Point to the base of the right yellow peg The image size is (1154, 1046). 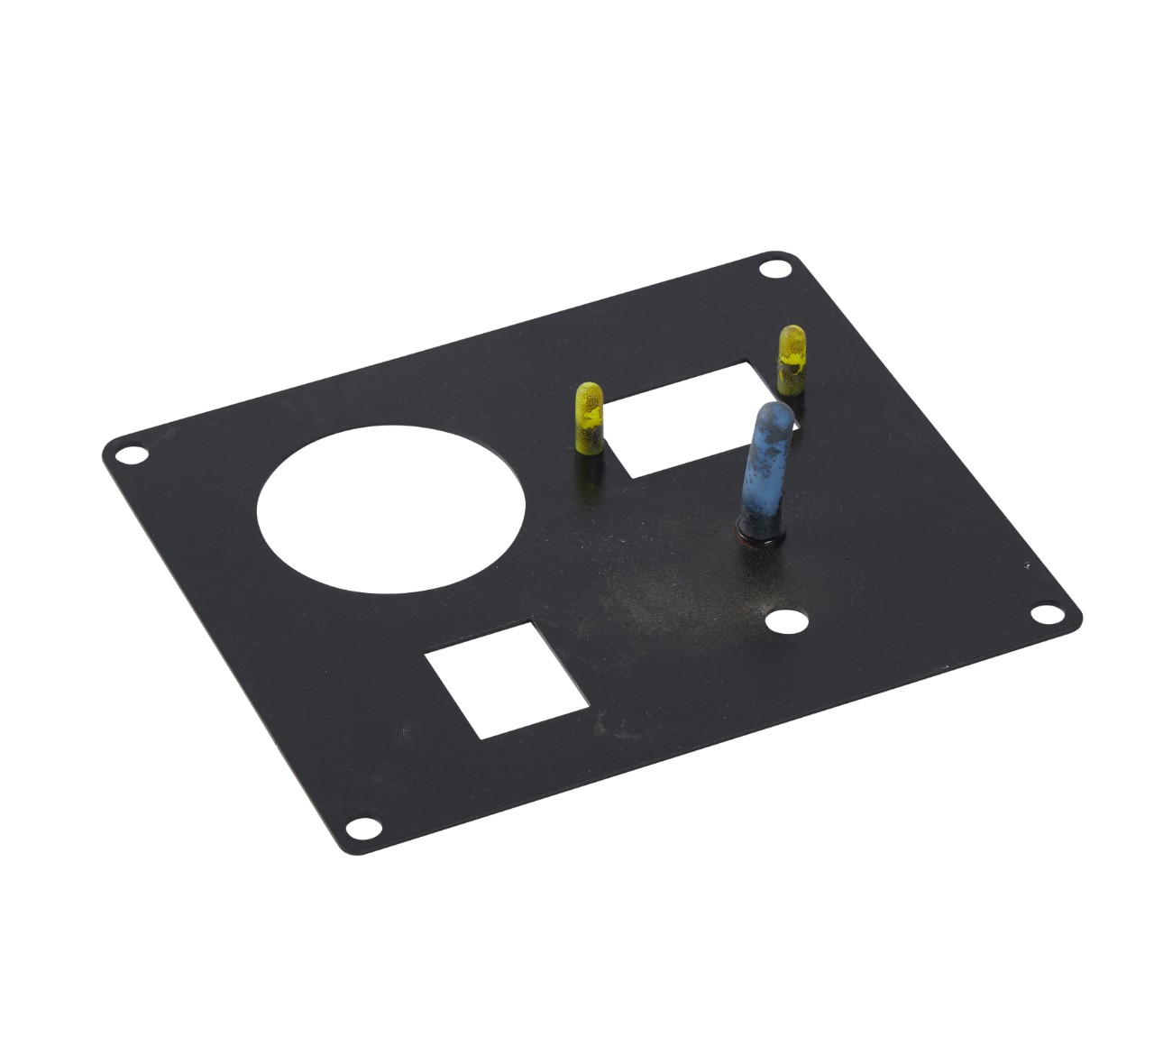791,390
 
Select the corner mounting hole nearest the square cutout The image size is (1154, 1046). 361,826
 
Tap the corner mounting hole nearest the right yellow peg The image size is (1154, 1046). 772,269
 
